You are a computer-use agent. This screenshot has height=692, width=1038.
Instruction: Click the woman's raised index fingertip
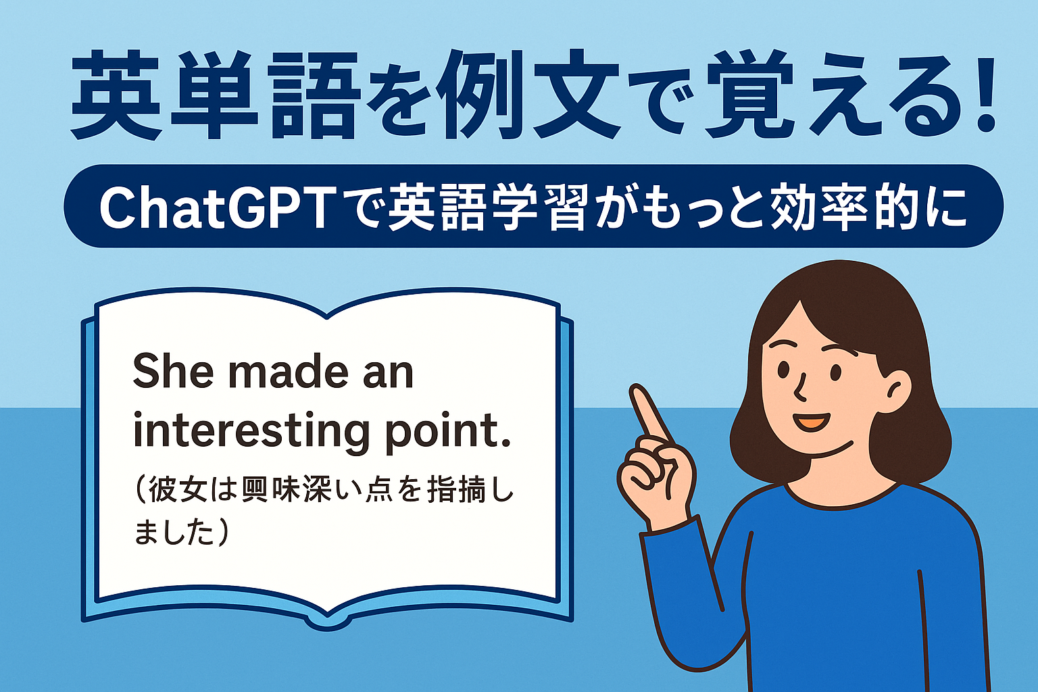pos(639,394)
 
